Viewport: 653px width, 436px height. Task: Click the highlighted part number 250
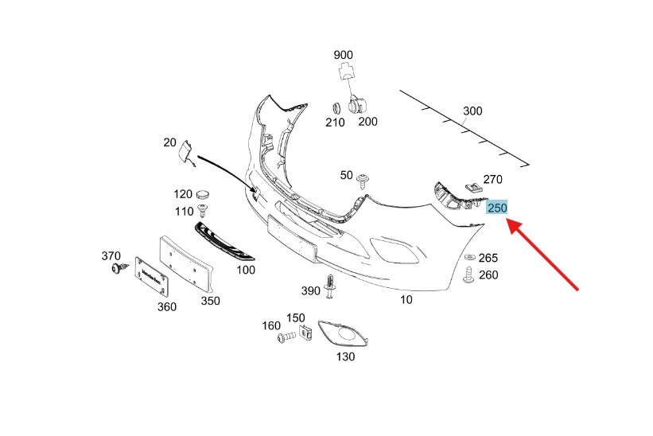coord(497,208)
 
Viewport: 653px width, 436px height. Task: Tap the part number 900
coord(343,55)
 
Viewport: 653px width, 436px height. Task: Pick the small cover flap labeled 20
coord(185,151)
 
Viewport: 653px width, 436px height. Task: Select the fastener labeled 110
coord(203,211)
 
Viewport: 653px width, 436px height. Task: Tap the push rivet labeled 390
coord(329,291)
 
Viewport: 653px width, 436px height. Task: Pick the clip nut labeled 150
coord(303,333)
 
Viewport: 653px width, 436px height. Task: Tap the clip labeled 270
coord(473,189)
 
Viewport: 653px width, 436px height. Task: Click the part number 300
coord(472,111)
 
